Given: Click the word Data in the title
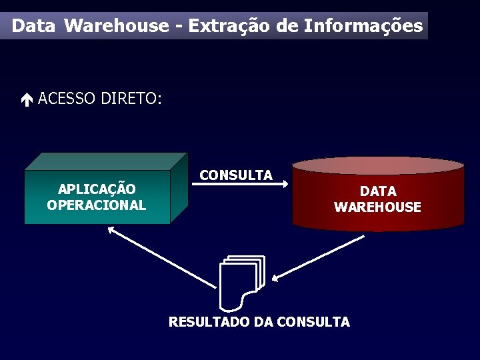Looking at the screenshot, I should [34, 26].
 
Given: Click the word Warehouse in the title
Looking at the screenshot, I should [117, 26].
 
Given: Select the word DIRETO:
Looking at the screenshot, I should [131, 99].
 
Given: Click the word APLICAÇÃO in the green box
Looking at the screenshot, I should [97, 189].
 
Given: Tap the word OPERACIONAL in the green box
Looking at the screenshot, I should [97, 205].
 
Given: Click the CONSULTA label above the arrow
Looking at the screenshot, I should [236, 175].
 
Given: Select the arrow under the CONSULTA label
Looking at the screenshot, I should [244, 186].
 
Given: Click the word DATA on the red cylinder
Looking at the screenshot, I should [378, 191].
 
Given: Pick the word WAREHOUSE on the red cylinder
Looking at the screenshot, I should [378, 207].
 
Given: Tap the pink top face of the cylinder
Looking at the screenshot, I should [378, 165].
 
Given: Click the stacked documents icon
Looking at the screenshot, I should [241, 282].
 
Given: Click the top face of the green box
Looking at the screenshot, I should [107, 161].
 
